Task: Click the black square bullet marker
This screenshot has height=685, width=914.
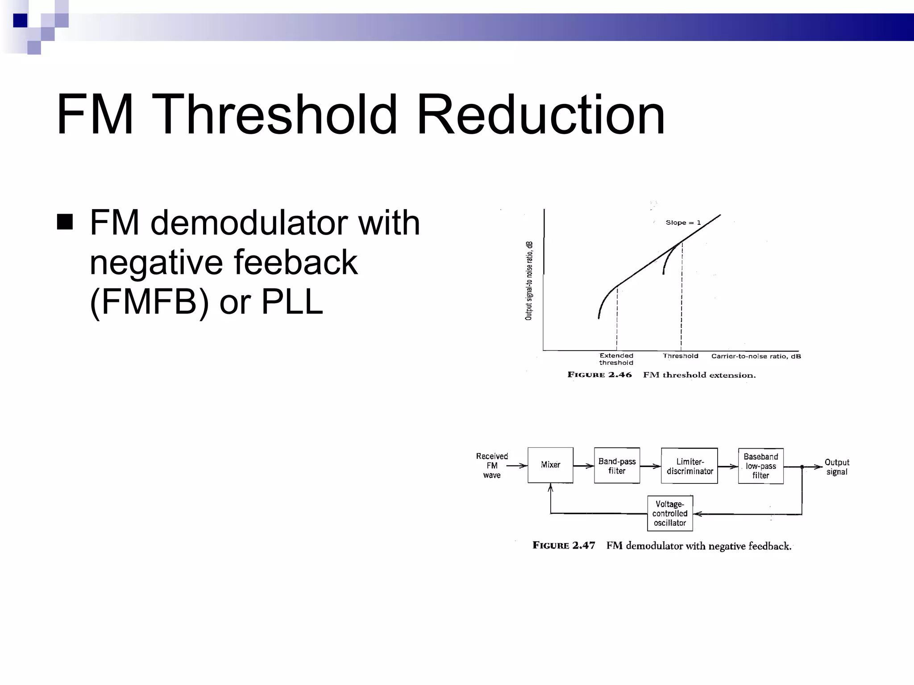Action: [65, 222]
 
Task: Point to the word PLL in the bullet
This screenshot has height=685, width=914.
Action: [292, 302]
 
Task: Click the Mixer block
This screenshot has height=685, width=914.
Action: [550, 465]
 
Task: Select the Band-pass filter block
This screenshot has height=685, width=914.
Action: [617, 466]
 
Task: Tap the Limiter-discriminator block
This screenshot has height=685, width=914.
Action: [690, 466]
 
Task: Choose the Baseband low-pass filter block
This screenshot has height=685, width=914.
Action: [760, 466]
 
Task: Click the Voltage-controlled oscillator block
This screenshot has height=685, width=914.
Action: [670, 513]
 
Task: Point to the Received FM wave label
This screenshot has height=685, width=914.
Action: [492, 466]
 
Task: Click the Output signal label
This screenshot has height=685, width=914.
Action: [837, 467]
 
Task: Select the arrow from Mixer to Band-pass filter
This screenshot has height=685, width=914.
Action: [583, 466]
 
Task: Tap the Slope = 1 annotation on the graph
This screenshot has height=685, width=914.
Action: [683, 223]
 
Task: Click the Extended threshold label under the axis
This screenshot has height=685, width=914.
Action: [616, 359]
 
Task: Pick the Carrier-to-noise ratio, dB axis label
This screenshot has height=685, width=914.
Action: [756, 356]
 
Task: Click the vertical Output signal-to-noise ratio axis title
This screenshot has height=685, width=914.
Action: [529, 281]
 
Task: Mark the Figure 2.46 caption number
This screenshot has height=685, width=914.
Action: [599, 375]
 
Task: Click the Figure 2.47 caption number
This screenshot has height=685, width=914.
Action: [564, 545]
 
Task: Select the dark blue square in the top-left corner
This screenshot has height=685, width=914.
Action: [20, 21]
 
